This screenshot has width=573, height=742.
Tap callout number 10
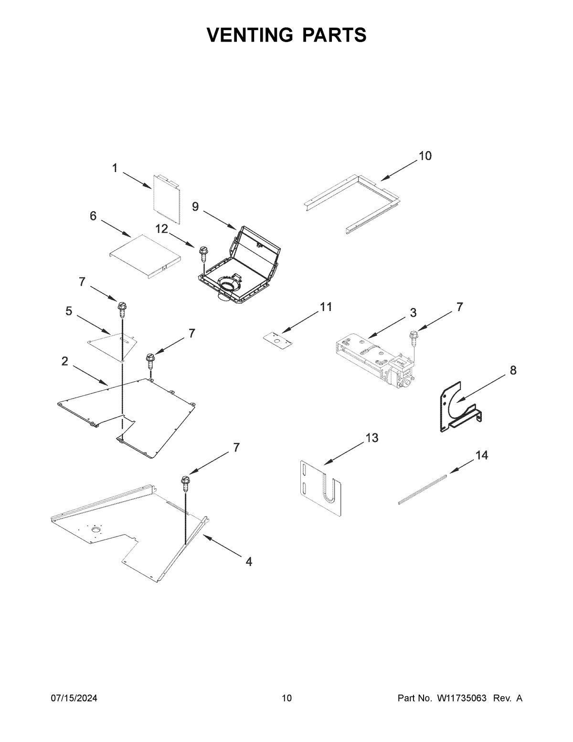click(424, 156)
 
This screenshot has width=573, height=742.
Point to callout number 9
click(195, 206)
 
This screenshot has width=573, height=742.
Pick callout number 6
click(93, 216)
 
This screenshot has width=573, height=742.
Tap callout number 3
click(413, 313)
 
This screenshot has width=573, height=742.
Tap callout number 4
click(248, 562)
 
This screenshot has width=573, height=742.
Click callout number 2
click(65, 362)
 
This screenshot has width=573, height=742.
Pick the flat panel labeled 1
click(167, 198)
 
